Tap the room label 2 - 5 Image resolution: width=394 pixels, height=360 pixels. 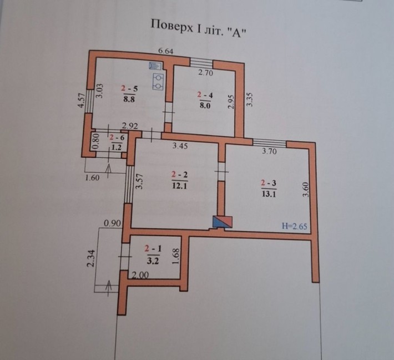tap(129, 88)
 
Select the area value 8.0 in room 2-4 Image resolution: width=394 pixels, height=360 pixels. tap(205, 105)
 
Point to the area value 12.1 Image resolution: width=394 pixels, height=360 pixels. tap(180, 186)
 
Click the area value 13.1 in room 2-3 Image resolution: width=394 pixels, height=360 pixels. tap(269, 194)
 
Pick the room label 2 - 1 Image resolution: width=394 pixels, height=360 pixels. tap(153, 249)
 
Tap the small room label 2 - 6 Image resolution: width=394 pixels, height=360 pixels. tap(117, 138)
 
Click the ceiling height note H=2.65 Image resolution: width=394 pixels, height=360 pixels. tap(294, 226)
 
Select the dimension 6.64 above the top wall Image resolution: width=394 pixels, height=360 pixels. tap(165, 51)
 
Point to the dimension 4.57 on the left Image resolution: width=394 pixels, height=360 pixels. tap(81, 101)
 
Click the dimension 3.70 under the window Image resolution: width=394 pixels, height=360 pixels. tap(269, 151)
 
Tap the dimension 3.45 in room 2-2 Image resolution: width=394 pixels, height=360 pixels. tap(180, 146)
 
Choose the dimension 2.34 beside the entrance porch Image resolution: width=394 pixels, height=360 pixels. tap(90, 258)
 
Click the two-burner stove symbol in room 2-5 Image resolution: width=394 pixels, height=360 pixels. tap(158, 82)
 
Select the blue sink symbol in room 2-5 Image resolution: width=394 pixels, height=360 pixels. tap(155, 66)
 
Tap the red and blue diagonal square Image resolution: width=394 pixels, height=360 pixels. tap(223, 222)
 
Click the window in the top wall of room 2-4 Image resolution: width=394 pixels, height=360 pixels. tap(201, 63)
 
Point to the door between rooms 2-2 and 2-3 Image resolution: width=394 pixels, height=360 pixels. tap(221, 172)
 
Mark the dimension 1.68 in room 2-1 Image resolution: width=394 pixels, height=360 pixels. tap(176, 257)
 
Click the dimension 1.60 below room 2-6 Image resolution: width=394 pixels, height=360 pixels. tap(92, 178)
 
